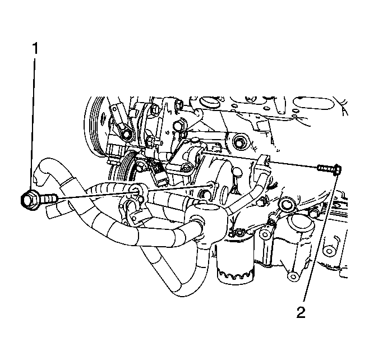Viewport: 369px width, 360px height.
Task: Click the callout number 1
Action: click(35, 48)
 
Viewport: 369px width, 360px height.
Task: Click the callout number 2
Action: click(301, 312)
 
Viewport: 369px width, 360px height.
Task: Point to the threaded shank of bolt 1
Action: click(49, 198)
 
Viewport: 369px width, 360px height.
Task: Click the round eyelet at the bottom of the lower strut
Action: click(293, 275)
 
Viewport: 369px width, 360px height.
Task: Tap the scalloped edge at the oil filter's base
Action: click(236, 274)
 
